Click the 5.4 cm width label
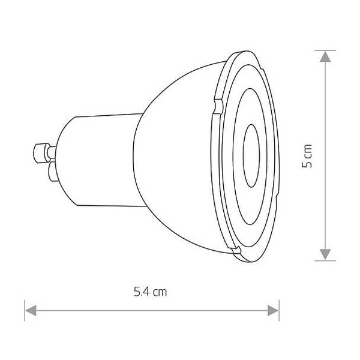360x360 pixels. pyautogui.click(x=150, y=292)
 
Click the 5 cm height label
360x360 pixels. pyautogui.click(x=307, y=156)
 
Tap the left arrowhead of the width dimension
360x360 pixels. pyautogui.click(x=31, y=311)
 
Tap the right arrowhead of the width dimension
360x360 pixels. pyautogui.click(x=273, y=311)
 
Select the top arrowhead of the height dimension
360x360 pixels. pyautogui.click(x=325, y=56)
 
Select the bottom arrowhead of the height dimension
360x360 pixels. pyautogui.click(x=325, y=254)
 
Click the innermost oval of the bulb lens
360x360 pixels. pyautogui.click(x=251, y=156)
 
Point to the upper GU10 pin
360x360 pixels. pyautogui.click(x=44, y=152)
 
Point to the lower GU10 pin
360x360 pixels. pyautogui.click(x=52, y=172)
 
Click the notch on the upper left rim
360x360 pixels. pyautogui.click(x=218, y=106)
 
